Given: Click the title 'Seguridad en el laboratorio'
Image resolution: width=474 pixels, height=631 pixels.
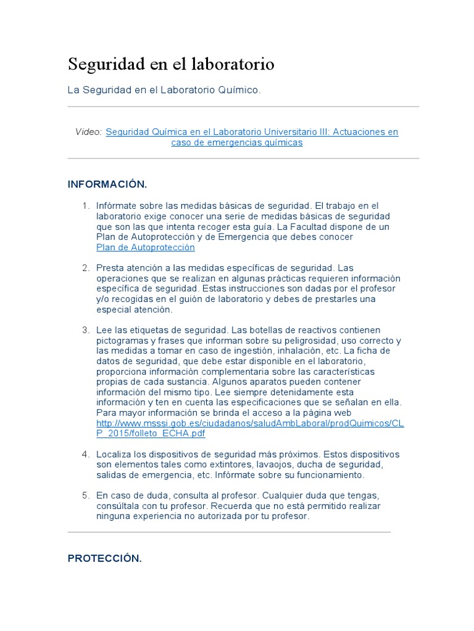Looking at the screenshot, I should coord(171,64).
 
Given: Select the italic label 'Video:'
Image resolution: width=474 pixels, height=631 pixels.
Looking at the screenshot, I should coord(88,132).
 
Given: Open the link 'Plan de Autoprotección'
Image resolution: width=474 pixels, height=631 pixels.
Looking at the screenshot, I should coord(145,247).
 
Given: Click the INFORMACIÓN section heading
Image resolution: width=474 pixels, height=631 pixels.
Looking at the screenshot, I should coord(107,184).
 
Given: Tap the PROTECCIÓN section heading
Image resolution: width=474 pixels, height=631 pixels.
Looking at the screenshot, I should coord(105,558).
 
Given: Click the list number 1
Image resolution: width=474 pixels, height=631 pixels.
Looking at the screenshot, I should coord(86,206).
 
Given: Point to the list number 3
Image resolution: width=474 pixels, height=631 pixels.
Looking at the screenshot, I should coord(86,330).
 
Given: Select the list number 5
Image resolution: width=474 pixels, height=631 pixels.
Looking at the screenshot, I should coord(86,495).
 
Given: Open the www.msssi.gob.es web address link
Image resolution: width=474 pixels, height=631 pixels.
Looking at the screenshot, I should coord(250,423).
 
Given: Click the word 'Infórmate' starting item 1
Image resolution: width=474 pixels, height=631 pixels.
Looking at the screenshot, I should coord(117,206).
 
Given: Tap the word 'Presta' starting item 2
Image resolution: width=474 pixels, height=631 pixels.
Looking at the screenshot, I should coord(110,267).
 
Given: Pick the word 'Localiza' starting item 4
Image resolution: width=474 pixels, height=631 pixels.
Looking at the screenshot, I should coord(114,454).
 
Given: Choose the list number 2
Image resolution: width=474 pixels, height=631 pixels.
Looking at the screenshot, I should coord(86,267).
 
